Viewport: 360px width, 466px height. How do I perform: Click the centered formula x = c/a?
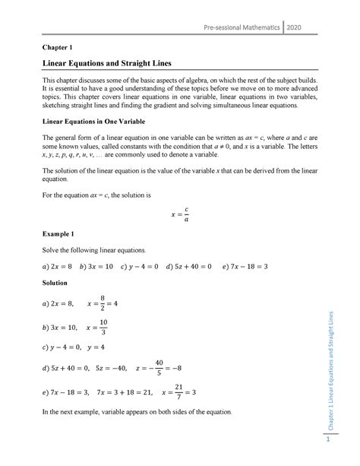click(x=179, y=212)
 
